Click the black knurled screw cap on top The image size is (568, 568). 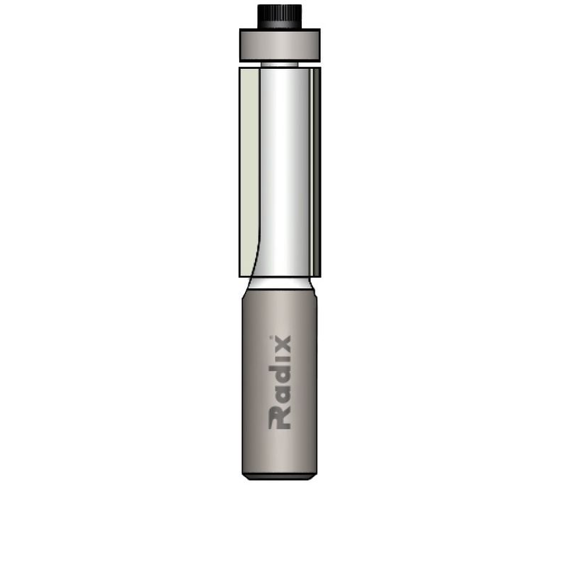tap(279, 16)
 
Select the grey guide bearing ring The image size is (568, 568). tap(280, 45)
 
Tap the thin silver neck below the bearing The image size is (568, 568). tap(279, 65)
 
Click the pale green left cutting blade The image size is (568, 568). tap(250, 170)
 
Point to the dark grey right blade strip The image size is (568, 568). tap(317, 172)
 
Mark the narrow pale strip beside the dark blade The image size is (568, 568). tap(311, 172)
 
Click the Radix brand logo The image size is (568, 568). tap(280, 382)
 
